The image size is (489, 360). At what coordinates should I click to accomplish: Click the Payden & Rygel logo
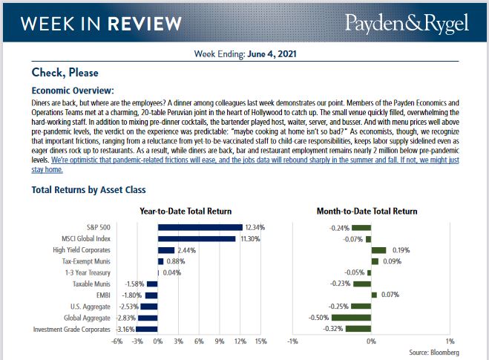(407, 23)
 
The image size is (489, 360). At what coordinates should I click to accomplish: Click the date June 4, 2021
(271, 54)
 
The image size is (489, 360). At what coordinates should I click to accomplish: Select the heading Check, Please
(65, 73)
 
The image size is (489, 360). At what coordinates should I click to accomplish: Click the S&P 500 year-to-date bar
(200, 227)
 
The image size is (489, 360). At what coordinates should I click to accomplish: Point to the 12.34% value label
(255, 227)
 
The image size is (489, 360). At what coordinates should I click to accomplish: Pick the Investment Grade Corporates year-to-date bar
(147, 328)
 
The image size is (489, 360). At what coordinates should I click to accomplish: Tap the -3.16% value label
(125, 328)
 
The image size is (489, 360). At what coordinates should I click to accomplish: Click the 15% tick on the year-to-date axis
(260, 341)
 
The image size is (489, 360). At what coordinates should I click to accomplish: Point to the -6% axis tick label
(116, 341)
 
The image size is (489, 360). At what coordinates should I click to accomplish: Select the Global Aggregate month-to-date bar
(361, 317)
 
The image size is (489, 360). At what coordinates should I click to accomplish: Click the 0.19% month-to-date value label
(401, 250)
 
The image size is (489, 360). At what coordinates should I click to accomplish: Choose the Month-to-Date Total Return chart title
(367, 212)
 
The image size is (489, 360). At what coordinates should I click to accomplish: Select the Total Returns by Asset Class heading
(88, 190)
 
